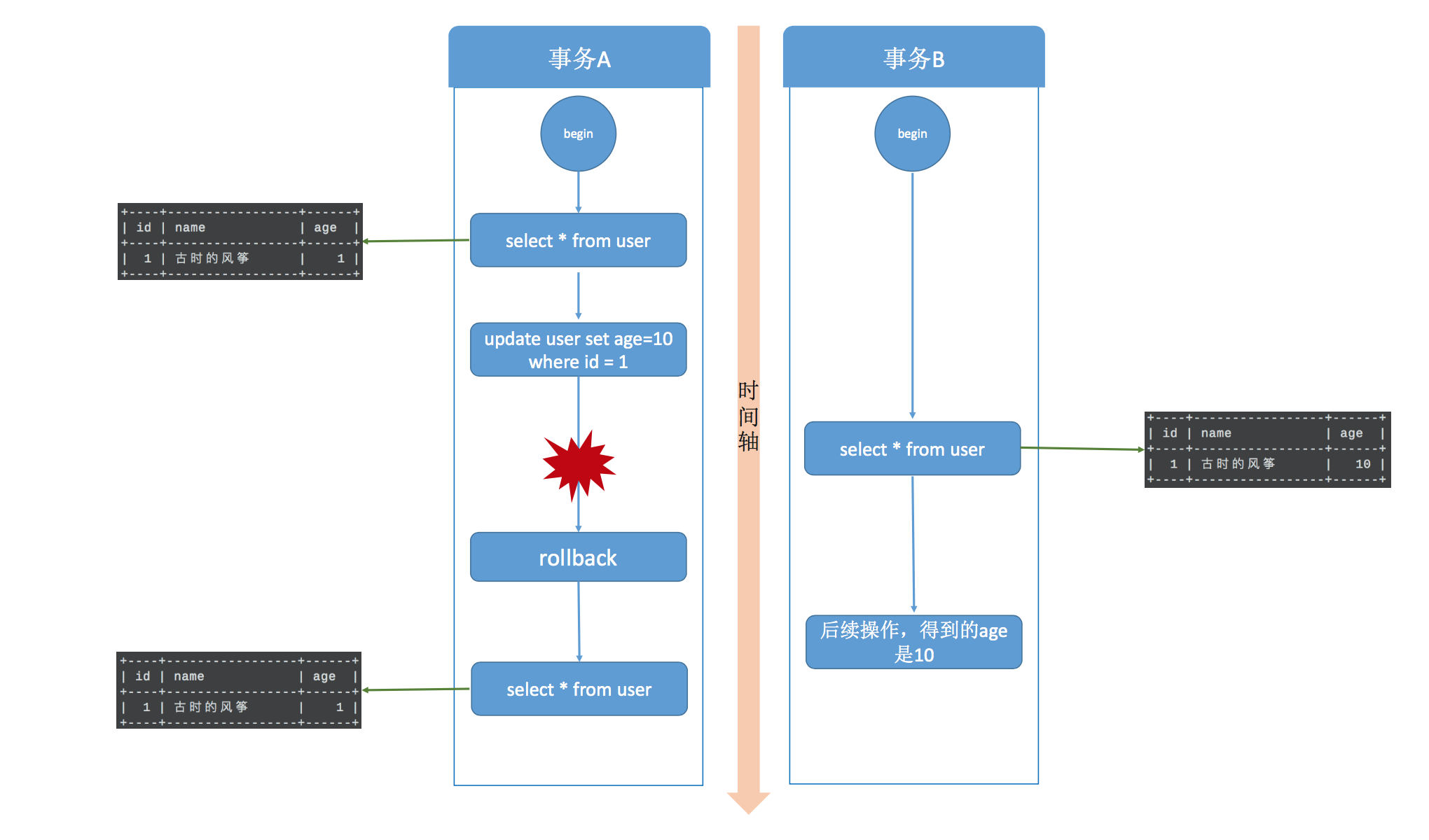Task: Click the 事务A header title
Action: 579,59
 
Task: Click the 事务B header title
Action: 913,59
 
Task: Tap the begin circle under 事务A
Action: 578,134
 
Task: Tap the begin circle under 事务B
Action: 912,134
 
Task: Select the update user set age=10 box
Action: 578,350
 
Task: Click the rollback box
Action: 578,558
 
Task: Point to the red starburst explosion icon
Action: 578,465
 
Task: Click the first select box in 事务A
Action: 578,241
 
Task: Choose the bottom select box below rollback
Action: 579,689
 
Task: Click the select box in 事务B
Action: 912,449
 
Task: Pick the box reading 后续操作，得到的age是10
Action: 913,642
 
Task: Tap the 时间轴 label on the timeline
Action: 748,416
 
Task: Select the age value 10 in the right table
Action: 1362,464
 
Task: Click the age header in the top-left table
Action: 325,227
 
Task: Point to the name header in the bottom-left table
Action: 189,676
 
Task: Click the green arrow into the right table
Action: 1082,449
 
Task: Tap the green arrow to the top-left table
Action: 416,241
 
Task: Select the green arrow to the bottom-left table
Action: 416,689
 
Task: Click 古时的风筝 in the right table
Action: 1238,464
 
